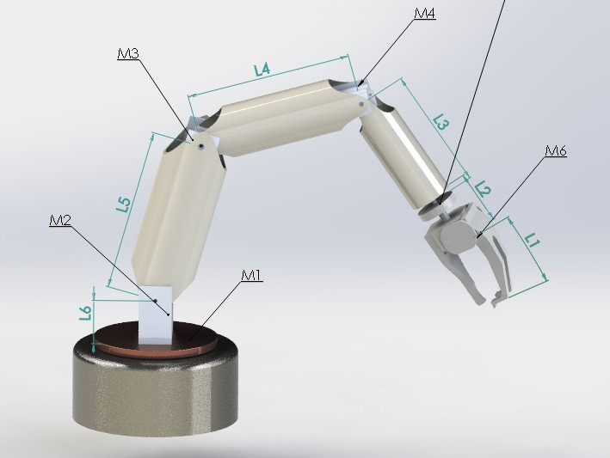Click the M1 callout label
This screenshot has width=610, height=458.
pos(250,275)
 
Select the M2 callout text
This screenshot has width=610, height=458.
pos(60,220)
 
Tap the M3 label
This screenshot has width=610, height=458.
pos(128,54)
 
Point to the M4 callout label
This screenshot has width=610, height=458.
pos(424,13)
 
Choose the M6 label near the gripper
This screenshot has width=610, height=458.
pos(556,151)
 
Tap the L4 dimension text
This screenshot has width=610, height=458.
pos(263,69)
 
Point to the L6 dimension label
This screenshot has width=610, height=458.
pos(85,313)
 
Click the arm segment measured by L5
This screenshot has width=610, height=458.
pos(172,215)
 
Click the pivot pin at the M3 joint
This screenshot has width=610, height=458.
pos(199,147)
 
